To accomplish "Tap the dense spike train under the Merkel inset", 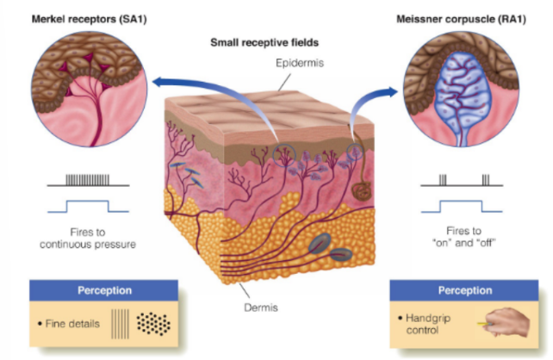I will (x=87, y=181).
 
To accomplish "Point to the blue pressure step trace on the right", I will (x=465, y=207).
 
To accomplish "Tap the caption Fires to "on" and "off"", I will (x=463, y=238).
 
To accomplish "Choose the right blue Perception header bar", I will (x=464, y=290).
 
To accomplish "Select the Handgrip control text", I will (x=422, y=324).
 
